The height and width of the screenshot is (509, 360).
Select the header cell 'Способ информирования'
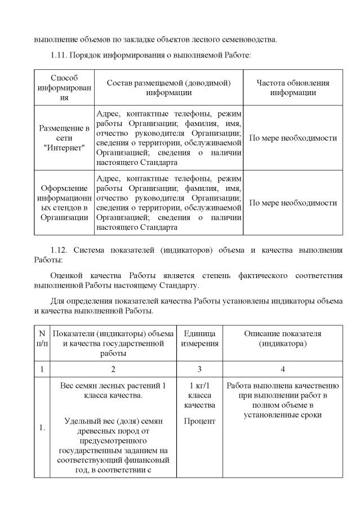pyautogui.click(x=64, y=87)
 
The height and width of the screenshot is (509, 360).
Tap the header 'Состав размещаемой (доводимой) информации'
pyautogui.click(x=168, y=87)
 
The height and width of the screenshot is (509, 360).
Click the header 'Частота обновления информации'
pyautogui.click(x=292, y=87)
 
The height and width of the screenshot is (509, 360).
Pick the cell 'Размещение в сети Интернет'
pyautogui.click(x=64, y=138)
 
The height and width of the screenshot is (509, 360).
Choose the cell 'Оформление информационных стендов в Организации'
pyautogui.click(x=64, y=203)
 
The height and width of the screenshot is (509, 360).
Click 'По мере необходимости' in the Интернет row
pyautogui.click(x=292, y=138)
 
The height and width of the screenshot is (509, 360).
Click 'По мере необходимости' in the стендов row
pyautogui.click(x=292, y=203)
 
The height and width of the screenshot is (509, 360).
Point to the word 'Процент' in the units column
pyautogui.click(x=199, y=421)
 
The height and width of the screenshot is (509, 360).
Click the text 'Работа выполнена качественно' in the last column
pyautogui.click(x=282, y=386)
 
